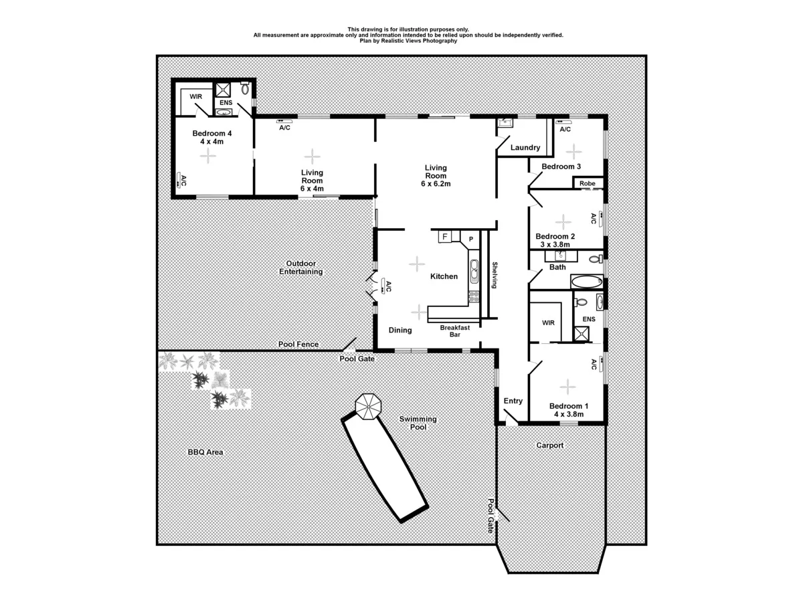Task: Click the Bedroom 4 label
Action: coord(207,133)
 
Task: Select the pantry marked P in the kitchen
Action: coord(470,239)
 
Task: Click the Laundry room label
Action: coord(525,147)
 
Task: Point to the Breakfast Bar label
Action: coord(454,330)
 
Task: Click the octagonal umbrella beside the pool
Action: coord(367,405)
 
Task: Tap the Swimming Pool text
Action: coord(418,423)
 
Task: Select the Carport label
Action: coord(550,445)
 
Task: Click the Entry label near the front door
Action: coord(513,401)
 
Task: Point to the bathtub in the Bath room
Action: coord(587,281)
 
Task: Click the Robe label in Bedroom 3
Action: coord(588,183)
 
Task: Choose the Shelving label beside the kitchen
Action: coord(495,275)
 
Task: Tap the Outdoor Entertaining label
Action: coord(300,268)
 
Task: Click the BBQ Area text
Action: coord(205,452)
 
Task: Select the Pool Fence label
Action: coord(298,344)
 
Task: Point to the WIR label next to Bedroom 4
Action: coord(196,97)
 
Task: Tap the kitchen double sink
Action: coord(474,272)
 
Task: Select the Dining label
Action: coord(400,330)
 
